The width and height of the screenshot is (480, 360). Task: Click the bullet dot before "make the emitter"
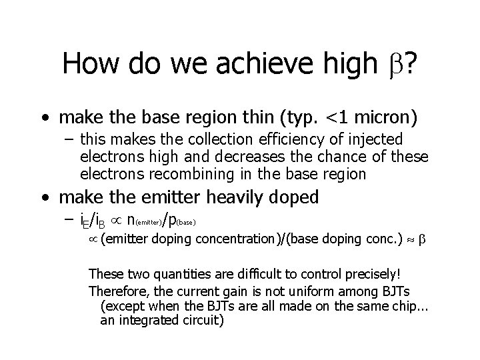43,198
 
